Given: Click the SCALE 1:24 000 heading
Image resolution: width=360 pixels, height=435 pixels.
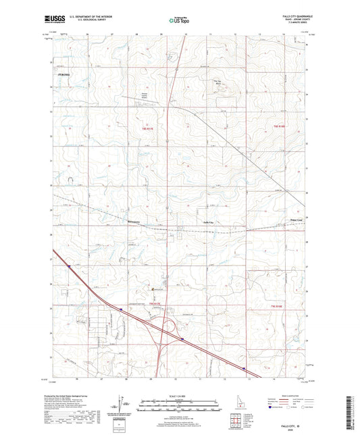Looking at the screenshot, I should (178, 395).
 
